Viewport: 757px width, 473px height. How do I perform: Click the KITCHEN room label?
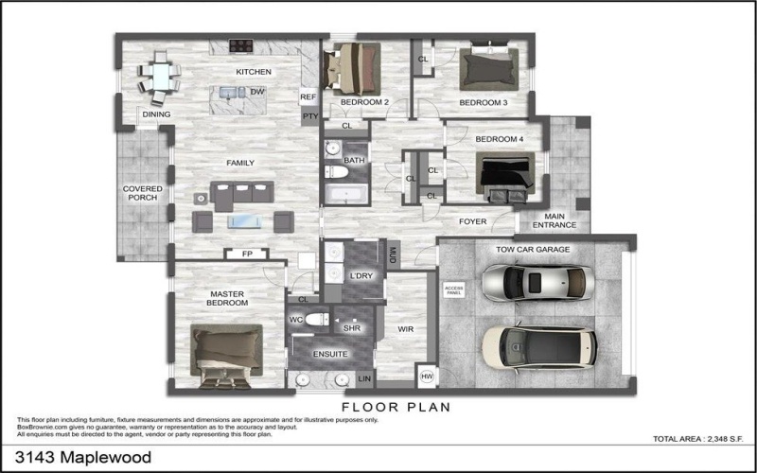tap(254, 72)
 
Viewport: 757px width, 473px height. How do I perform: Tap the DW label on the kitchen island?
tap(256, 92)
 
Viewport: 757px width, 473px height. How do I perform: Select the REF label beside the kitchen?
tap(308, 97)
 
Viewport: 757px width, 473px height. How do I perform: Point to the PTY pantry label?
tap(308, 116)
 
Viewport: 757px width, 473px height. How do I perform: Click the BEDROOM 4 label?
tap(499, 139)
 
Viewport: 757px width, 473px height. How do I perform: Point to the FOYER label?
tap(472, 222)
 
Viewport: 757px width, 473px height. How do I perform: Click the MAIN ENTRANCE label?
tap(554, 220)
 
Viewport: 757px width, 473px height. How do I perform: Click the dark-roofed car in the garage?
tap(537, 347)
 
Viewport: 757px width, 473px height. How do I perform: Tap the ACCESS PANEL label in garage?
tap(455, 290)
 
